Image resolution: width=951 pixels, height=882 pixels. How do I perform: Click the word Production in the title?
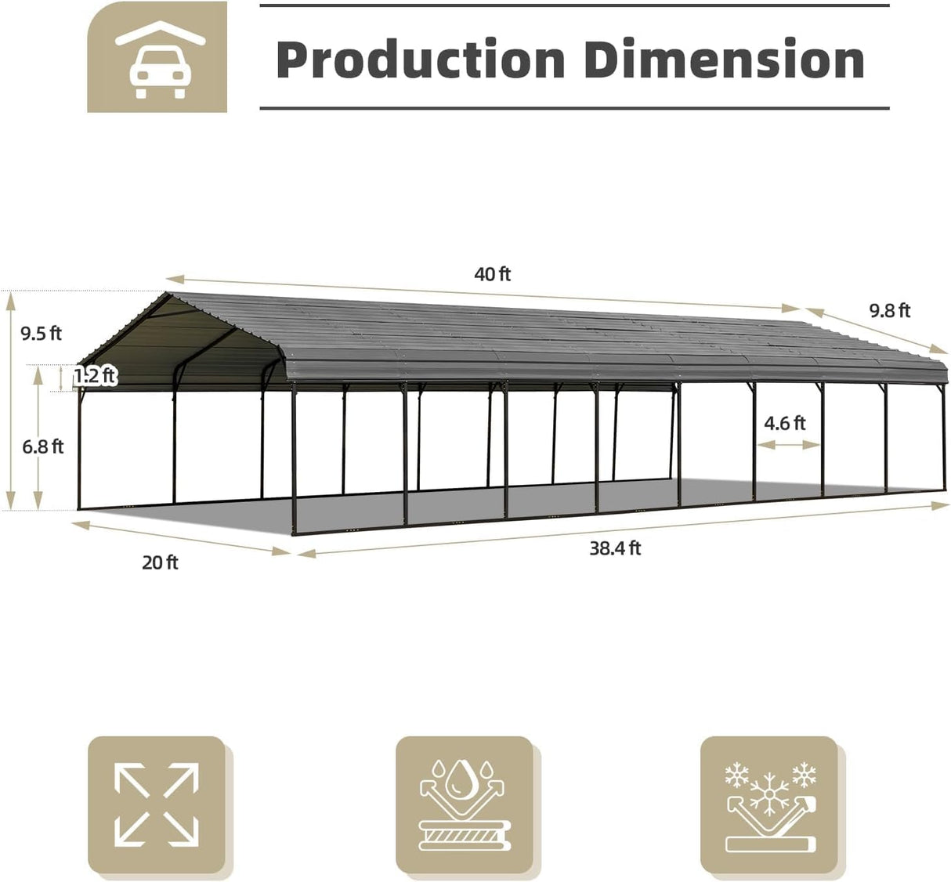point(421,60)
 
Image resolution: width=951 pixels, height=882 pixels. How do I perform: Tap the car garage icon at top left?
point(157,56)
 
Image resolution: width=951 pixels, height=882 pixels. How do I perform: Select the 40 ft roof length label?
point(492,274)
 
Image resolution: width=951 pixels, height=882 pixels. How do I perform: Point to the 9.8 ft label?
point(890,311)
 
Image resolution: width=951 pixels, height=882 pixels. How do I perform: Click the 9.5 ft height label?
point(42,334)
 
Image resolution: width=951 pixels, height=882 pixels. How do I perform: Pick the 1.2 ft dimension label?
point(95,376)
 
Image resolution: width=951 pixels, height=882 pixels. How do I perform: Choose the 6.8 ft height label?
point(42,447)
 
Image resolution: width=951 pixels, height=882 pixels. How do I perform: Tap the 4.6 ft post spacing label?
point(785,423)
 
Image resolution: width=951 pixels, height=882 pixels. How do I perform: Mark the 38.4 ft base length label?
point(615,548)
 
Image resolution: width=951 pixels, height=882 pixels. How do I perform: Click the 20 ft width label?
point(160,562)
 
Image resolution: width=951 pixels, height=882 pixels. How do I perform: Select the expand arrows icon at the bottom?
point(157,804)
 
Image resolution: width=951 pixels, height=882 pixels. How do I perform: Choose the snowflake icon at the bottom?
point(769,804)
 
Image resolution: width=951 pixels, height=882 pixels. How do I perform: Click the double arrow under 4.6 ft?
point(788,444)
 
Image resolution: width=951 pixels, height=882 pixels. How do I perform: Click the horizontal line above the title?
point(574,6)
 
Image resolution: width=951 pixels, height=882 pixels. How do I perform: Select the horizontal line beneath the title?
point(574,108)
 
